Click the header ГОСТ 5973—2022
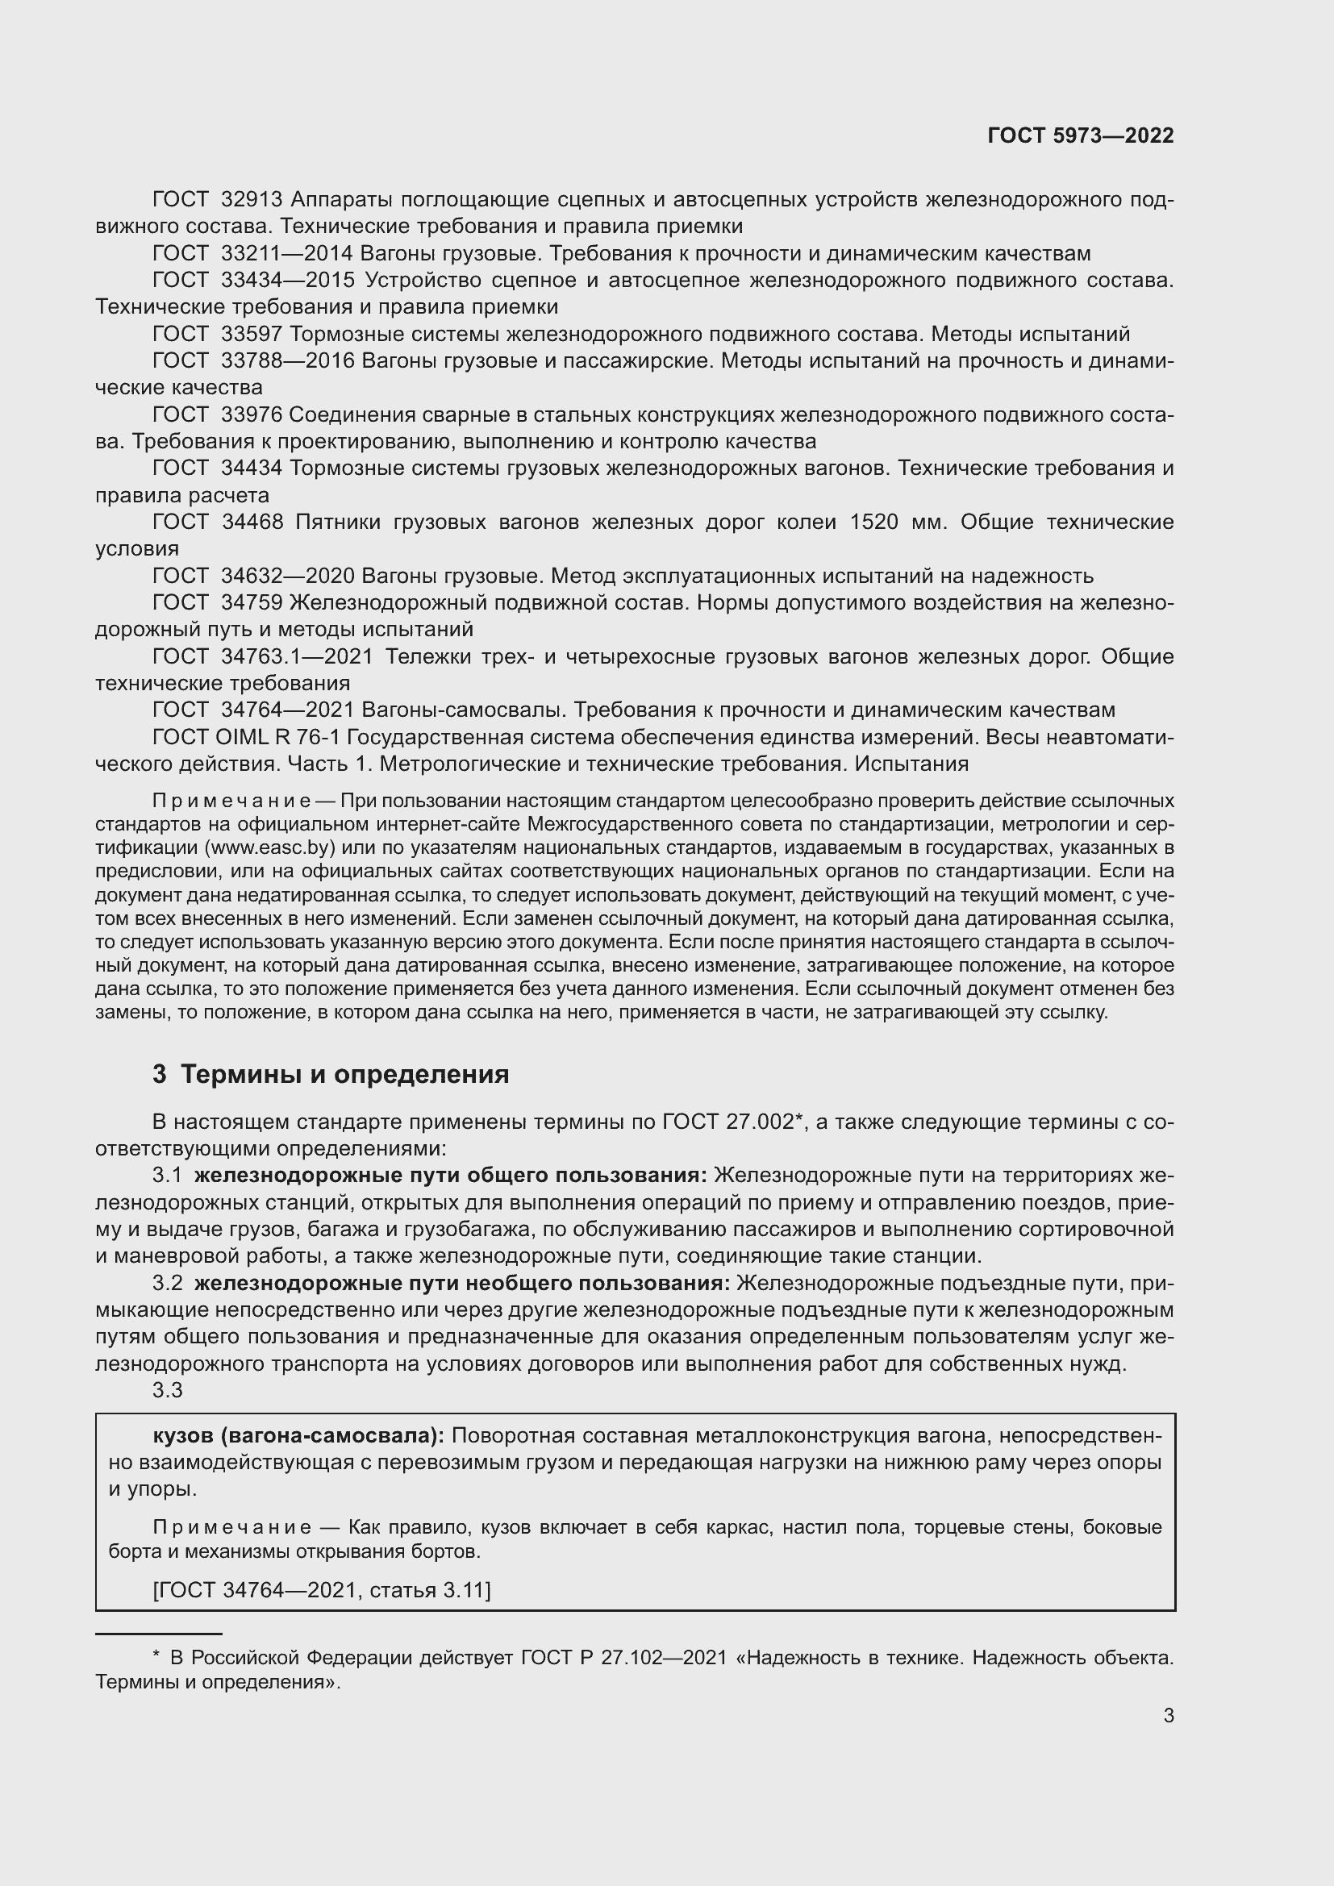[x=1080, y=136]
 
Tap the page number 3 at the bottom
[x=1168, y=1715]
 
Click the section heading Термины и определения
[x=344, y=1074]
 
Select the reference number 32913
[x=252, y=200]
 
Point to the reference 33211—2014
[x=286, y=254]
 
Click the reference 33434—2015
[x=287, y=281]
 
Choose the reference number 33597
[x=252, y=335]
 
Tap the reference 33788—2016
[x=287, y=361]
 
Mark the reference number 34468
[x=252, y=523]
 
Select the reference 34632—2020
[x=287, y=576]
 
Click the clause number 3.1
[x=167, y=1176]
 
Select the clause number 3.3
[x=167, y=1391]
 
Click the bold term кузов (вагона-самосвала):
[x=298, y=1436]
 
